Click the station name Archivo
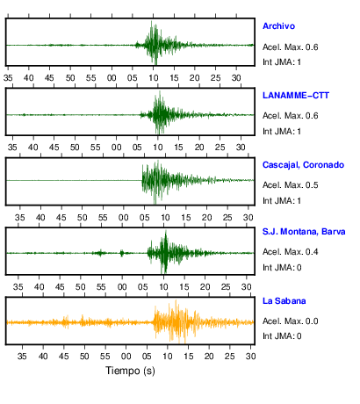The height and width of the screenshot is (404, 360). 278,26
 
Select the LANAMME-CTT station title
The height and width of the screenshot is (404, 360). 296,96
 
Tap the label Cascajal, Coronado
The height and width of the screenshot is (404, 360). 303,165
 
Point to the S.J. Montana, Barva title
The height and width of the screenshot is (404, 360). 304,232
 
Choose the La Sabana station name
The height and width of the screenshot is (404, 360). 284,301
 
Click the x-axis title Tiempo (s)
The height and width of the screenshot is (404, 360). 130,371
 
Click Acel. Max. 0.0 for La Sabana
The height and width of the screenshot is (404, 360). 291,321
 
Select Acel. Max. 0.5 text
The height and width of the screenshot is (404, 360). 291,185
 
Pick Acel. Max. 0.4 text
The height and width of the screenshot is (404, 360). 291,252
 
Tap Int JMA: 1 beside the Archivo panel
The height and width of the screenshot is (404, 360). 282,62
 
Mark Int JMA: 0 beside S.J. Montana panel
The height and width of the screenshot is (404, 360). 282,268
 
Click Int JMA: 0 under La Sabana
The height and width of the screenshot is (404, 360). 282,335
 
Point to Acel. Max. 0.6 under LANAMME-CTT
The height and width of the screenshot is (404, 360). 291,116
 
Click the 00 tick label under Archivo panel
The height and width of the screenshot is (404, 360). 112,78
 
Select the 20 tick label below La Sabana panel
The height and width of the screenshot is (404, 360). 209,357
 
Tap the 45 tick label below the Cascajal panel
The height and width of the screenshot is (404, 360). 61,218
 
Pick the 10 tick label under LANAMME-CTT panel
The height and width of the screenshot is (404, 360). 158,147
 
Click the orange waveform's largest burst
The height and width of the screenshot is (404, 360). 176,322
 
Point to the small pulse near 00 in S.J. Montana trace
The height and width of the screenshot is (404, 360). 122,253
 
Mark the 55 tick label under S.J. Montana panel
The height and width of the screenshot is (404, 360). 101,286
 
